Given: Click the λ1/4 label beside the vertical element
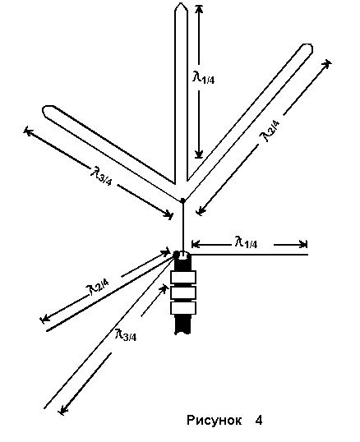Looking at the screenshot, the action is (x=203, y=77).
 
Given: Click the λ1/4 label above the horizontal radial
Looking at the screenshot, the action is (x=246, y=242).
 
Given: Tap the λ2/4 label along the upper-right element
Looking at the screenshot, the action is (x=270, y=131).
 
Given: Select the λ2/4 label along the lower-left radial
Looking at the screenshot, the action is (x=97, y=287).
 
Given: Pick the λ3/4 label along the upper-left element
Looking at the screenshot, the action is (x=101, y=176).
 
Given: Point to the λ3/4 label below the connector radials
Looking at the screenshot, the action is (x=126, y=334).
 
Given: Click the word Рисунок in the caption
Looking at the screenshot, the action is (x=214, y=421).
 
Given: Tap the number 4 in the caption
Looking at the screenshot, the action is (x=259, y=421).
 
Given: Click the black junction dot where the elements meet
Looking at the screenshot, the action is (x=182, y=200).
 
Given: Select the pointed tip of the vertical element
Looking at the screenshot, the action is (x=181, y=4).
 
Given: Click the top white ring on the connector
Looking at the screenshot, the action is (x=183, y=277).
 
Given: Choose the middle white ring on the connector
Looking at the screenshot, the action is (x=183, y=292).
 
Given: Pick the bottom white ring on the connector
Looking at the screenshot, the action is (x=183, y=308).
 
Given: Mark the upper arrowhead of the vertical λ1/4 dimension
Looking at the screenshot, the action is (x=199, y=8).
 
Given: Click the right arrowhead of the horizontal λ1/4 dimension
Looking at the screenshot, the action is (x=303, y=244).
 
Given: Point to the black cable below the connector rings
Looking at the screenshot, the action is (x=183, y=325).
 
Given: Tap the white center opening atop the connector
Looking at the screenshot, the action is (x=183, y=256).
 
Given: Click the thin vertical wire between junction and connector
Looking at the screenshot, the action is (x=183, y=227).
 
